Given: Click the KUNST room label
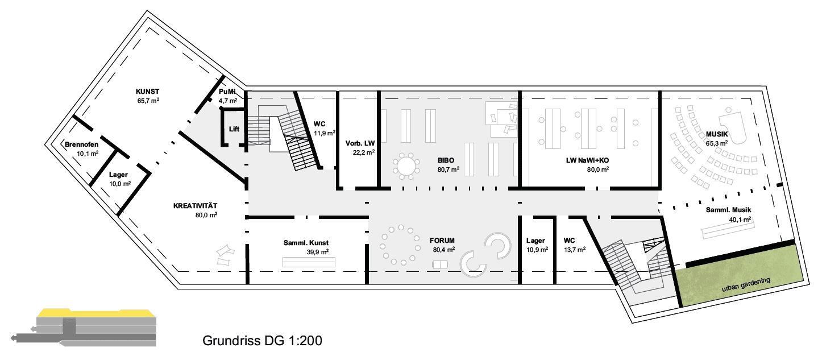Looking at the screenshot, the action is [x=148, y=92].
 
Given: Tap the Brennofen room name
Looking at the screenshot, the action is [x=81, y=144].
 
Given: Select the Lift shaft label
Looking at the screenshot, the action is [x=234, y=129].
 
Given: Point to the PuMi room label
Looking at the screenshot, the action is [x=227, y=92].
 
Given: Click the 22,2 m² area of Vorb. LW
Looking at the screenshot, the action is [x=364, y=152].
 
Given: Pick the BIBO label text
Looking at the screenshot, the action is [x=446, y=160].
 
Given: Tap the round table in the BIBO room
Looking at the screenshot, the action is [x=406, y=167].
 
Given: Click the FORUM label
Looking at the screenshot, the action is [x=442, y=241].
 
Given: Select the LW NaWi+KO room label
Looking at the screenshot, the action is [x=587, y=160].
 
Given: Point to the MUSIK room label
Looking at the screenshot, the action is [x=717, y=134].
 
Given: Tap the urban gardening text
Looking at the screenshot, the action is [x=746, y=285].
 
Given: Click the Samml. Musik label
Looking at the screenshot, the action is [x=729, y=210].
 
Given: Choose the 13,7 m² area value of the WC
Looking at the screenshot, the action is [x=575, y=250].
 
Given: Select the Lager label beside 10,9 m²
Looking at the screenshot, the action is [x=535, y=241].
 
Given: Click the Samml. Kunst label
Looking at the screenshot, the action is [x=306, y=243].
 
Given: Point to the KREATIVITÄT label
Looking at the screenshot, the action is [x=195, y=206].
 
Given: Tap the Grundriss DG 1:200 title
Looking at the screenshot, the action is [x=262, y=341].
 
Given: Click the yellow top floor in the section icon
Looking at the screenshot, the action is [x=97, y=313].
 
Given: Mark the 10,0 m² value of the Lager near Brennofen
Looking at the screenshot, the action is [x=120, y=184].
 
